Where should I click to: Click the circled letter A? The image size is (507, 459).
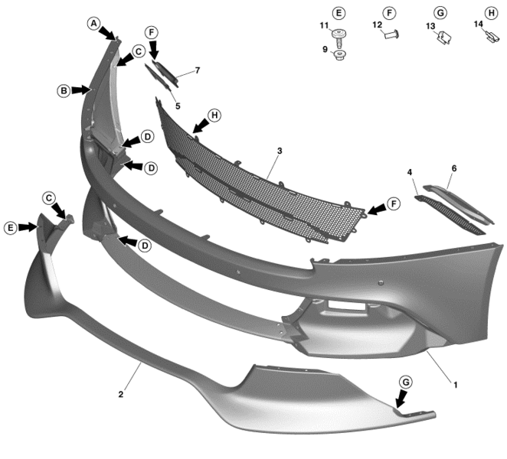point(93,24)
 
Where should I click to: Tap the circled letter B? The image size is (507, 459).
point(64,91)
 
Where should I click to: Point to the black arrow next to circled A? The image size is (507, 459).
point(107,34)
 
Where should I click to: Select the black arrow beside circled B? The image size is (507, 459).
point(80,90)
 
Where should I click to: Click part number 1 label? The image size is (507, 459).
point(456,385)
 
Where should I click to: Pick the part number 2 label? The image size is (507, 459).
point(121,395)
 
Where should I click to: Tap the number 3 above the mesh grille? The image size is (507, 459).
point(280,151)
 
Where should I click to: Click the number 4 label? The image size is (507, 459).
point(410,172)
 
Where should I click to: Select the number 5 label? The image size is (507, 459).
point(178,106)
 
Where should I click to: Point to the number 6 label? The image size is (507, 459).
point(454,168)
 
